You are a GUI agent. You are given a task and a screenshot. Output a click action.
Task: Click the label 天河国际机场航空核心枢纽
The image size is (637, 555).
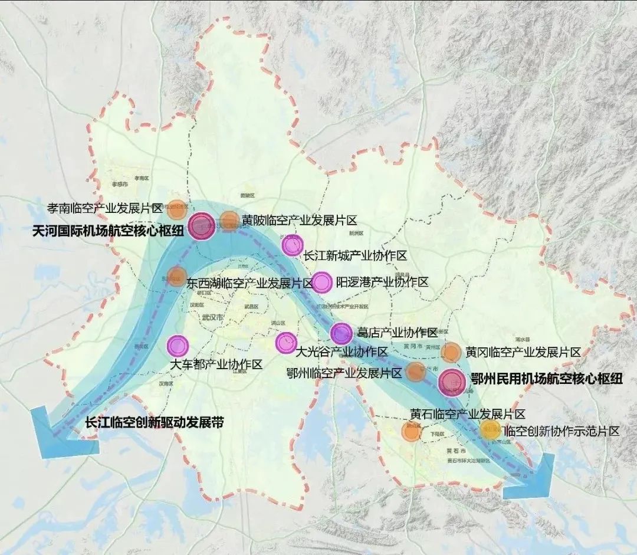pyautogui.click(x=108, y=232)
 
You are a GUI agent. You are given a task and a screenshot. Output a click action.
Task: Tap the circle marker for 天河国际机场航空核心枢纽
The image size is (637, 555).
pyautogui.click(x=202, y=226)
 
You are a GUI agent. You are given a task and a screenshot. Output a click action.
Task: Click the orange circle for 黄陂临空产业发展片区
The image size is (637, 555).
pyautogui.click(x=230, y=221)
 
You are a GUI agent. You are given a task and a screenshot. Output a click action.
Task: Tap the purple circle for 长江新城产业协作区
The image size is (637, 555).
pyautogui.click(x=292, y=244)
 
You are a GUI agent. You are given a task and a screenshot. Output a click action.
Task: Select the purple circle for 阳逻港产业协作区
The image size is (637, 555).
pyautogui.click(x=322, y=283)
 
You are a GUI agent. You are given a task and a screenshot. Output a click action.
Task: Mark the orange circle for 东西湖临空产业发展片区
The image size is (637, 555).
pyautogui.click(x=176, y=276)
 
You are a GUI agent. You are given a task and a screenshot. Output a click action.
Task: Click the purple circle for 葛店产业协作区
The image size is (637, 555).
pyautogui.click(x=342, y=334)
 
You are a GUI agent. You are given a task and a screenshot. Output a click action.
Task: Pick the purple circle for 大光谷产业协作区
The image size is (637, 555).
pyautogui.click(x=286, y=341)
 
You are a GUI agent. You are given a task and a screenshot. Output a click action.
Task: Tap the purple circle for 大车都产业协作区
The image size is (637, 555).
pyautogui.click(x=178, y=345)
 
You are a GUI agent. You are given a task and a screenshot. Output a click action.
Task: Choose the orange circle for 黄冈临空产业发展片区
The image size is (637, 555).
pyautogui.click(x=451, y=352)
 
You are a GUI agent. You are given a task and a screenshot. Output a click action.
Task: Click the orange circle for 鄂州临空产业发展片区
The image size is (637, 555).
pyautogui.click(x=415, y=372)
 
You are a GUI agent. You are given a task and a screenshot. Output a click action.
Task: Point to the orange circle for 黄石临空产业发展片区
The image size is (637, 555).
pyautogui.click(x=411, y=431)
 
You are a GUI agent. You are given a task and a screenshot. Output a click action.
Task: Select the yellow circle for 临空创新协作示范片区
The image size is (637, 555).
pyautogui.click(x=490, y=429)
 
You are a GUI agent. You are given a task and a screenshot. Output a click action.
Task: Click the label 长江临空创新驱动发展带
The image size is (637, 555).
pyautogui.click(x=155, y=423)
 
